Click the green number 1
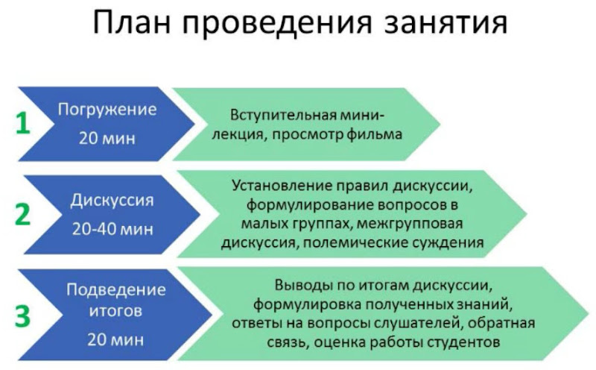point(23,124)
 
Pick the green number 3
point(23,316)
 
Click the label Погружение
point(108,110)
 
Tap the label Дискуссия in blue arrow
point(112,201)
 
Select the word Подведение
point(115,289)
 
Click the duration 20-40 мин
point(112,228)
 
